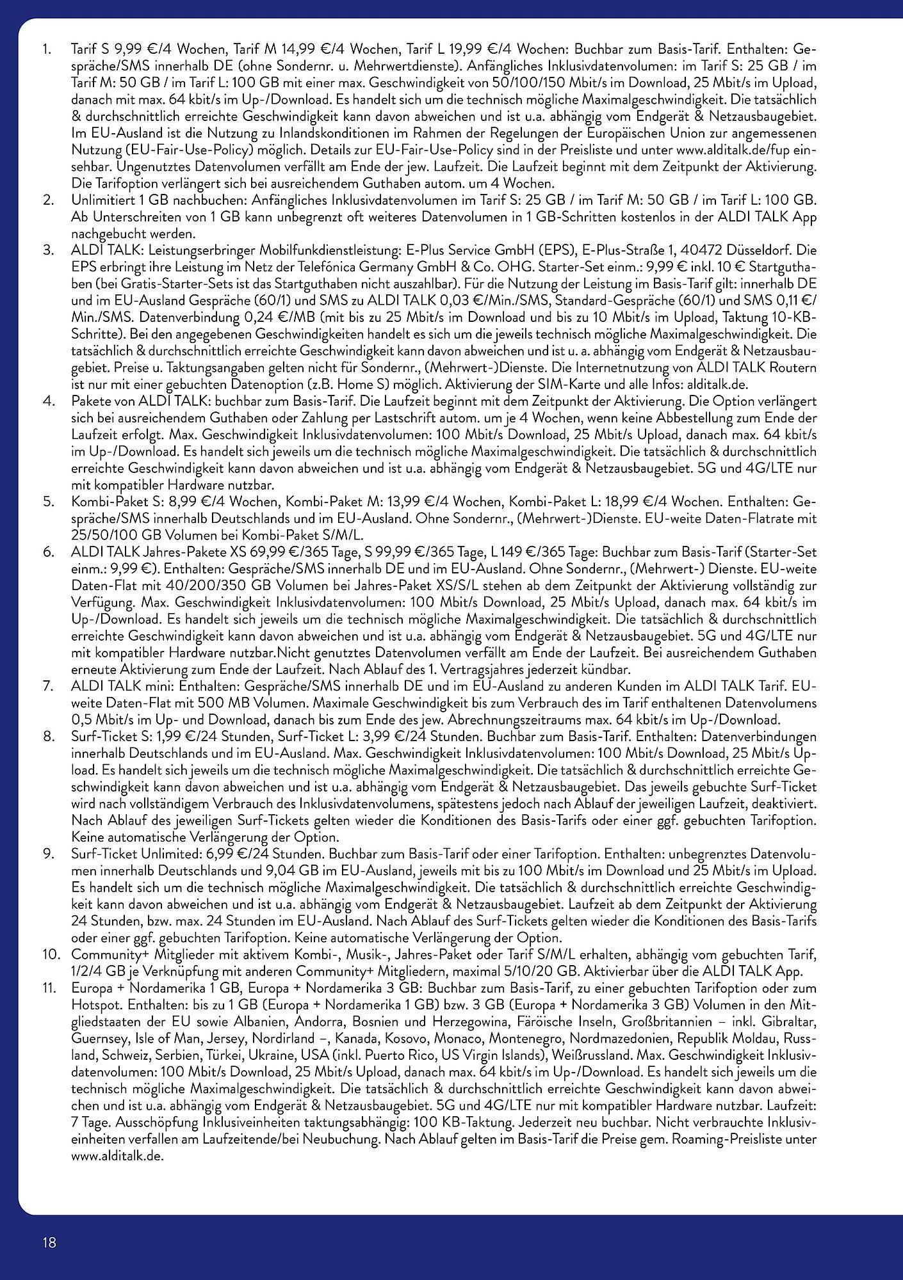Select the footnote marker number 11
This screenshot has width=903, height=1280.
(x=49, y=988)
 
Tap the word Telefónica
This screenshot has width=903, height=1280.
(x=341, y=266)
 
